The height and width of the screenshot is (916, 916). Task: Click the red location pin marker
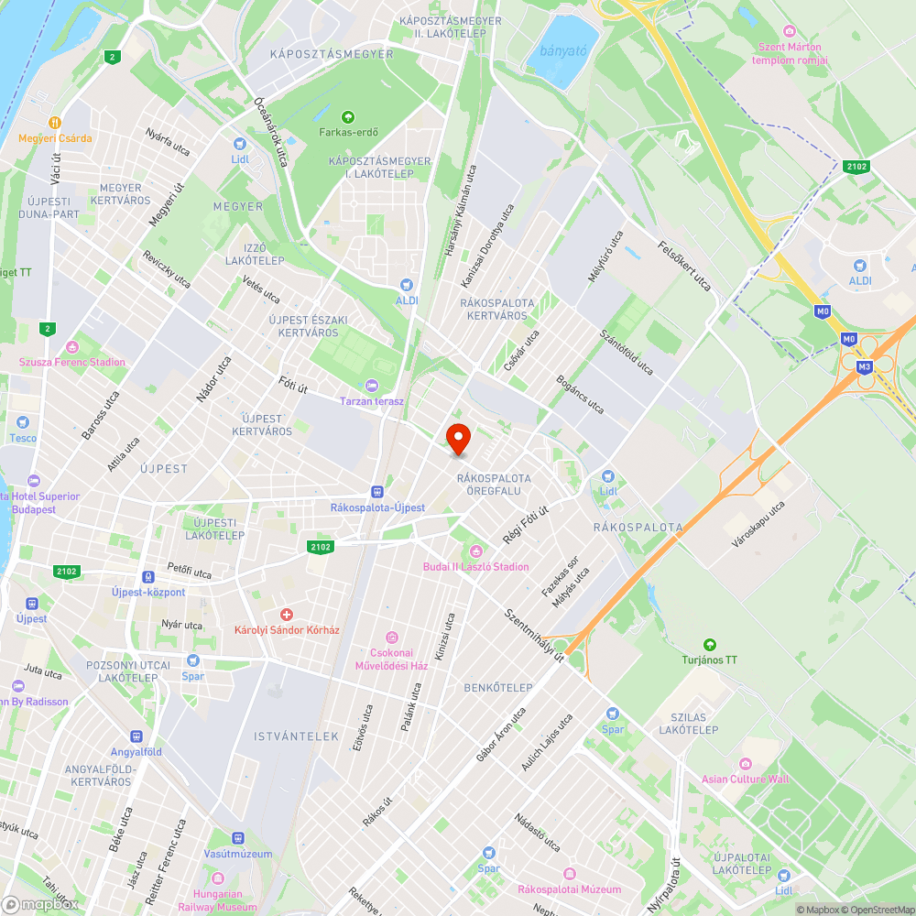(457, 438)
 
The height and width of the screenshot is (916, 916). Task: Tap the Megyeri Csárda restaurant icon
(55, 122)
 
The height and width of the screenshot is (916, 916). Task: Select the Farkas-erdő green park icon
(347, 116)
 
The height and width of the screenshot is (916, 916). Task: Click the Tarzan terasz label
(371, 401)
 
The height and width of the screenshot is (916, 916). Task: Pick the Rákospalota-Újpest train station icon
(377, 492)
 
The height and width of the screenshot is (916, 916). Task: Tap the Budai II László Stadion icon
(475, 551)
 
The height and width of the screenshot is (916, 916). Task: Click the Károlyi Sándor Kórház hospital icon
(287, 614)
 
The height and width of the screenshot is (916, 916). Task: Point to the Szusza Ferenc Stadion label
(72, 362)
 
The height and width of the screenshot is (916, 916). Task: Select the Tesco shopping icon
(23, 422)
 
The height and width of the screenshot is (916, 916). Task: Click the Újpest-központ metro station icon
(148, 577)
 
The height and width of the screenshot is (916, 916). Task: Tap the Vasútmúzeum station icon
(238, 838)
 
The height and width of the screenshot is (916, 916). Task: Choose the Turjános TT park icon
(709, 644)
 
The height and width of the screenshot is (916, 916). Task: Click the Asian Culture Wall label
(745, 780)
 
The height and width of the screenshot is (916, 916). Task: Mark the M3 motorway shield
(864, 366)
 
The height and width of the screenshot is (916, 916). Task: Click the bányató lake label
(562, 50)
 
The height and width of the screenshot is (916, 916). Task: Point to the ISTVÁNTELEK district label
(297, 736)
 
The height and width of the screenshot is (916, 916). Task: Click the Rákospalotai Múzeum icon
(569, 874)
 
